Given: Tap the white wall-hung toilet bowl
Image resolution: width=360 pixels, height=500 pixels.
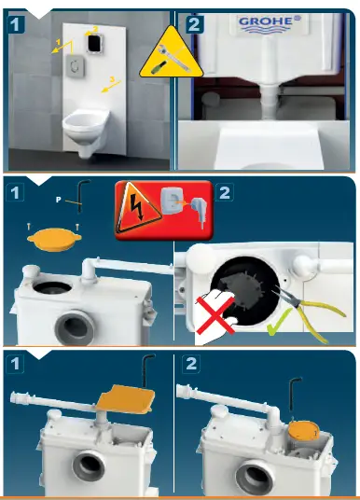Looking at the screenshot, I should pos(88,125).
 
